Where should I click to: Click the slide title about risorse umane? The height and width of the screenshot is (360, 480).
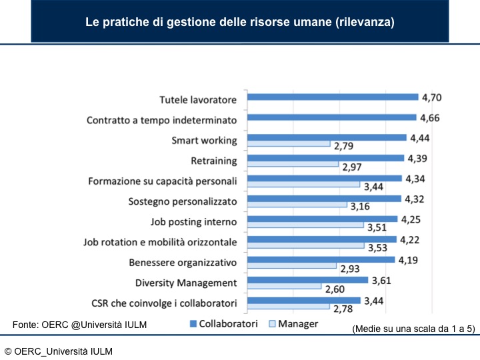(x=239, y=22)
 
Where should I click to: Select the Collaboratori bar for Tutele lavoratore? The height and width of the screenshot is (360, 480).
(x=332, y=97)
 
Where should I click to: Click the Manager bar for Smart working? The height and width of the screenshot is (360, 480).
(x=289, y=143)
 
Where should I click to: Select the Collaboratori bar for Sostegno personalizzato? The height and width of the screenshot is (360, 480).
(x=324, y=199)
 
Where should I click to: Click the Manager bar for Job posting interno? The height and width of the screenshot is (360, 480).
(x=305, y=225)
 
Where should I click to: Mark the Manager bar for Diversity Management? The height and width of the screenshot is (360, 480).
(x=284, y=286)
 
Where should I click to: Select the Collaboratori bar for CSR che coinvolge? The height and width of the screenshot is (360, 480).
(x=303, y=301)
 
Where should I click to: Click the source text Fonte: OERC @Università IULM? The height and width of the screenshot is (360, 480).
(x=80, y=324)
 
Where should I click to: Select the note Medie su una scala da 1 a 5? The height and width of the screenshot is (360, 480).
(x=413, y=329)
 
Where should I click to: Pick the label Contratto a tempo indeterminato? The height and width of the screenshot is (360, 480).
(x=162, y=121)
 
